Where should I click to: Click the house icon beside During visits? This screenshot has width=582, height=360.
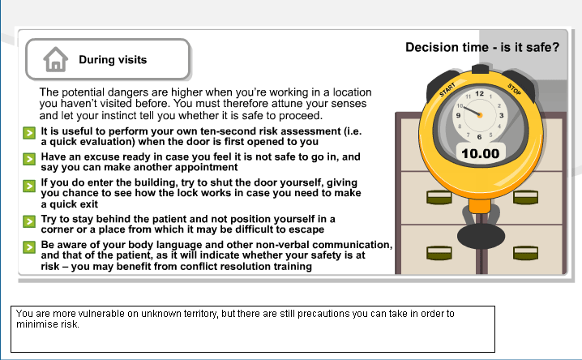pyautogui.click(x=56, y=59)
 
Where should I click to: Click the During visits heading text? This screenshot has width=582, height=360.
pyautogui.click(x=113, y=60)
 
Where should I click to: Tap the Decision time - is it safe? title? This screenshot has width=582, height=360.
pyautogui.click(x=482, y=47)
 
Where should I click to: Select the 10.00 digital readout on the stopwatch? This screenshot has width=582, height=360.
pyautogui.click(x=481, y=153)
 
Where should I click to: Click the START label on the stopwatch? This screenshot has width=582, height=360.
pyautogui.click(x=447, y=90)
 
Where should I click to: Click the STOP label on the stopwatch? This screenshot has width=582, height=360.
pyautogui.click(x=514, y=89)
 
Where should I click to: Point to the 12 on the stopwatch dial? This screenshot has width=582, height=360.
pyautogui.click(x=480, y=93)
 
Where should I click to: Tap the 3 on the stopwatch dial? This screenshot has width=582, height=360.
pyautogui.click(x=501, y=115)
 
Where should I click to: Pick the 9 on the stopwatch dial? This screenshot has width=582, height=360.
pyautogui.click(x=459, y=115)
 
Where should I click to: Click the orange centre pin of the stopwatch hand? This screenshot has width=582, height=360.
pyautogui.click(x=480, y=115)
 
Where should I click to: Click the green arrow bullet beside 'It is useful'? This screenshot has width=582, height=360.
pyautogui.click(x=29, y=133)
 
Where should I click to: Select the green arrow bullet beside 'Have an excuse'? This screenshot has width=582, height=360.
pyautogui.click(x=29, y=159)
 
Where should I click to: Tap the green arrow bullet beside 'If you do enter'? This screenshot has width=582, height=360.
pyautogui.click(x=29, y=186)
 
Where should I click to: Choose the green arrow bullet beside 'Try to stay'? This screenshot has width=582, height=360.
pyautogui.click(x=29, y=221)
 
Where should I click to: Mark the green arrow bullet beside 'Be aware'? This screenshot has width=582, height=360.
pyautogui.click(x=29, y=247)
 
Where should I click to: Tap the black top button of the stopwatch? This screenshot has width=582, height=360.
pyautogui.click(x=481, y=69)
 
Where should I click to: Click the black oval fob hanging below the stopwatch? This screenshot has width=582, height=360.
pyautogui.click(x=481, y=236)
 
